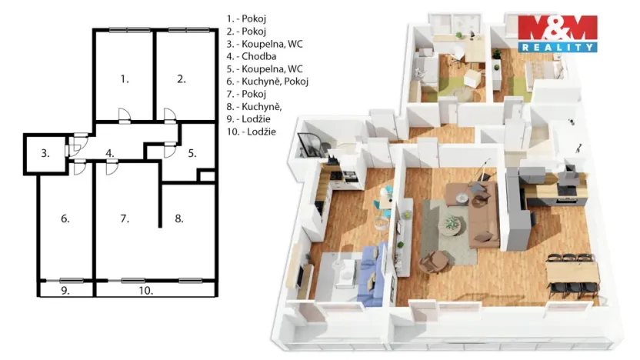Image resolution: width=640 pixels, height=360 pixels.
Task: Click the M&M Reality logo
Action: coord(557,33)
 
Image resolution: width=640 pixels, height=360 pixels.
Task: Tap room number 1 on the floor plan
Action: coord(124,78)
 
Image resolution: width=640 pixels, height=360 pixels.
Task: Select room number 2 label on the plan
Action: coord(181,78)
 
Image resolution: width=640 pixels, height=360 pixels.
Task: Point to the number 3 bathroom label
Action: coord(45,154)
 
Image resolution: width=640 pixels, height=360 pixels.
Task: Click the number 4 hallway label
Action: coord(111,153)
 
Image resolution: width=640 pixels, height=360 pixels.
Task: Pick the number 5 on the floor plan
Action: coord(192,153)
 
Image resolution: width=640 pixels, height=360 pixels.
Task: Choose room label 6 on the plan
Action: coord(65,219)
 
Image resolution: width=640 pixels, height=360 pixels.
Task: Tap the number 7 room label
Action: coord(125,219)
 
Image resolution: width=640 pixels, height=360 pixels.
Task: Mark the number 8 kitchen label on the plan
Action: coord(179,219)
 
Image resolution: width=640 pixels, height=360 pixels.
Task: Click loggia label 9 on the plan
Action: coord(65,291)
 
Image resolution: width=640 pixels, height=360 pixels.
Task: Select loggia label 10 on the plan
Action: coord(146,291)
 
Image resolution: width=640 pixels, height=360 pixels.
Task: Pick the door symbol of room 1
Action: coord(123,116)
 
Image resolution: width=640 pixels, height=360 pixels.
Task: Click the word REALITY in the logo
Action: coord(557,47)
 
